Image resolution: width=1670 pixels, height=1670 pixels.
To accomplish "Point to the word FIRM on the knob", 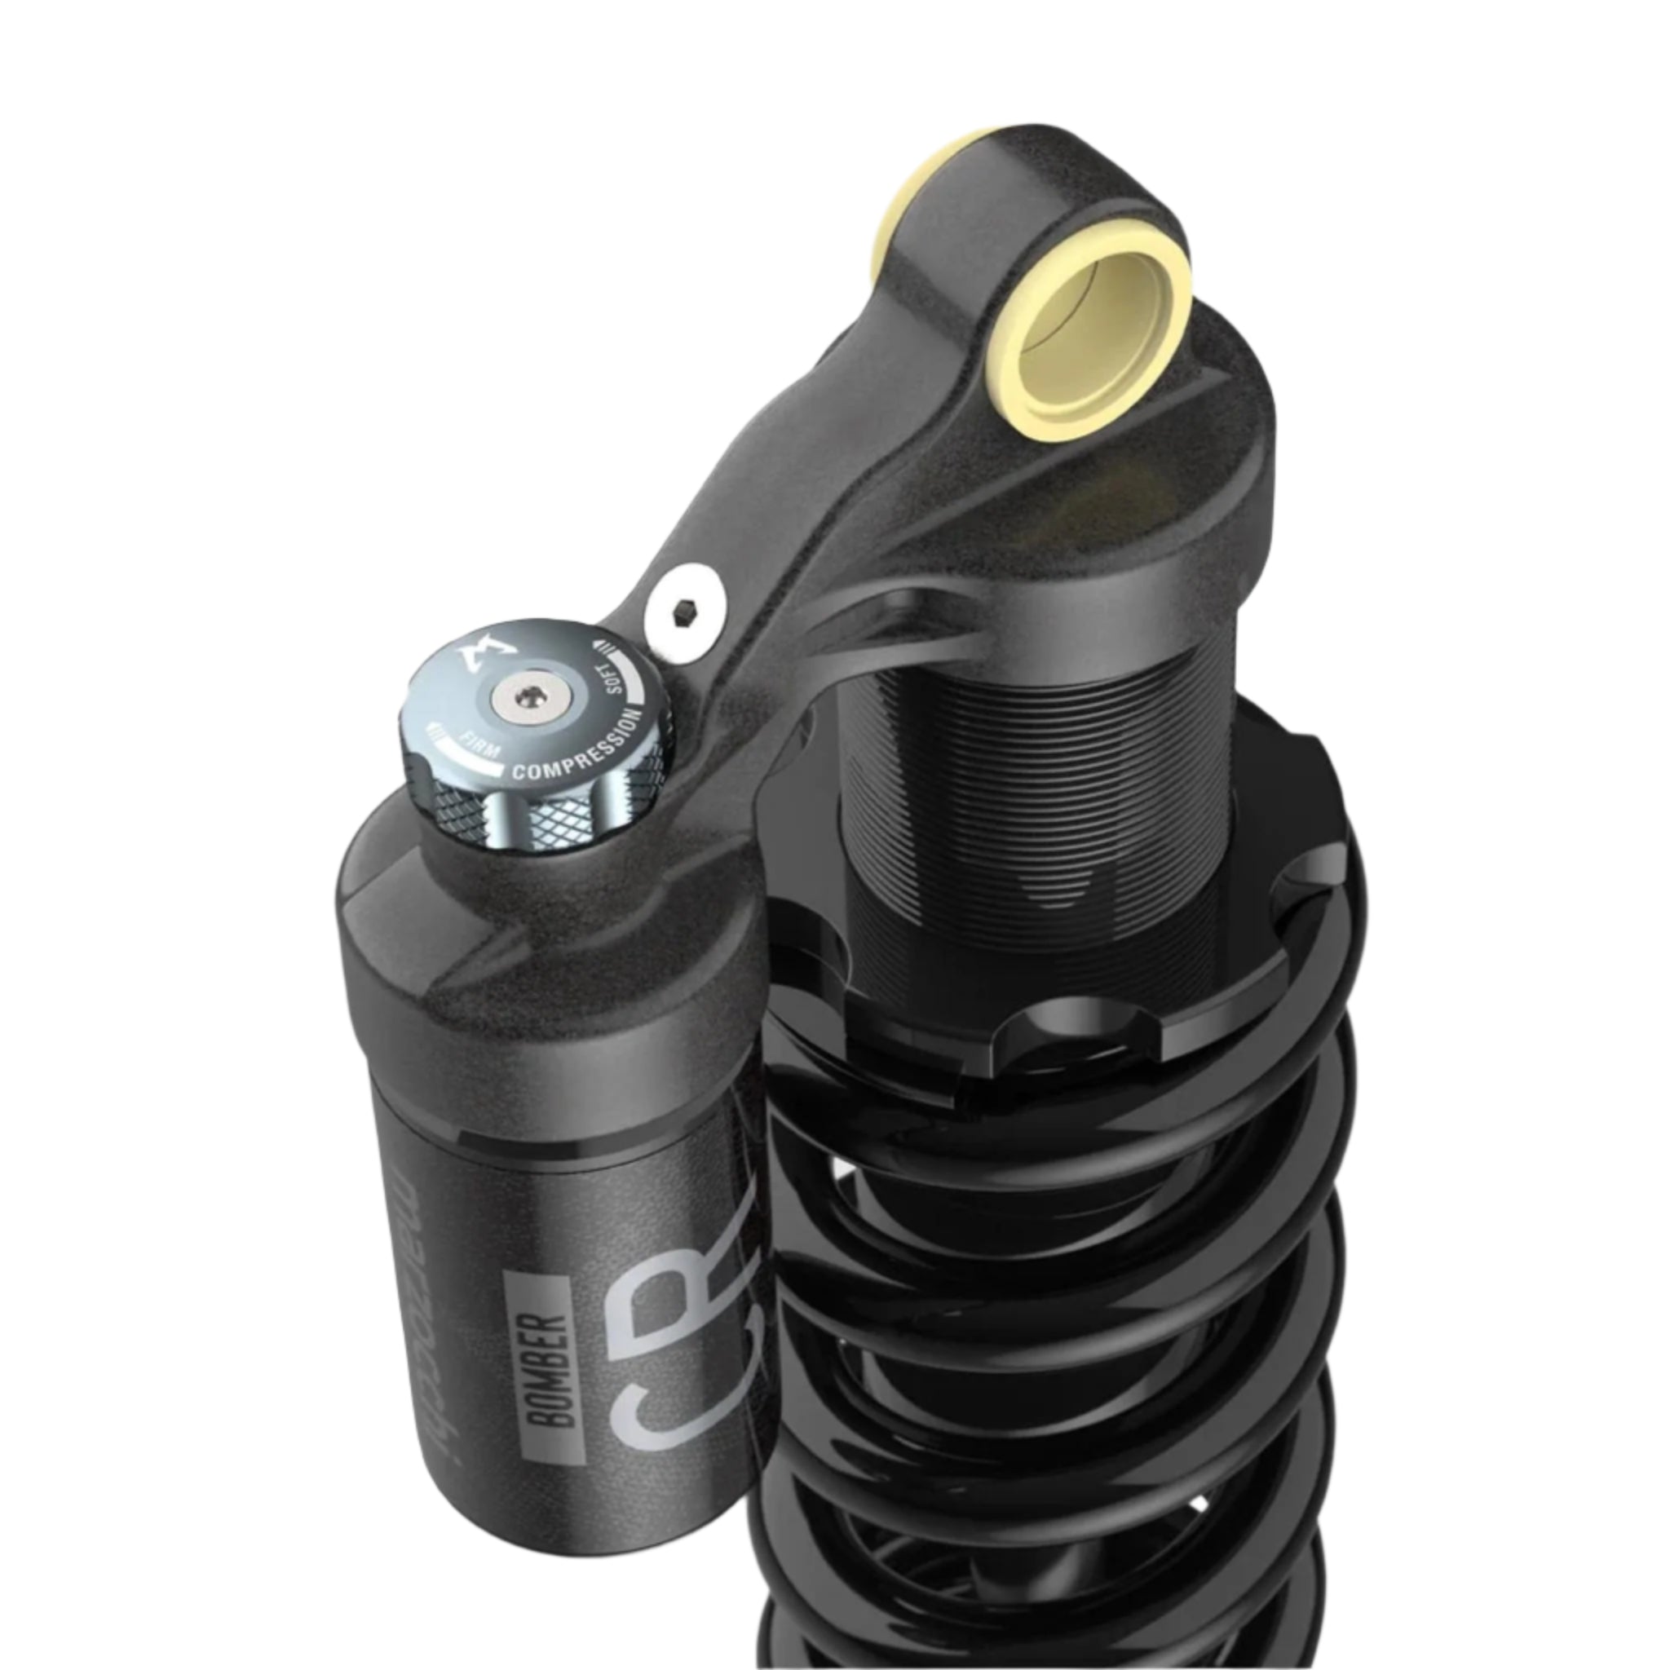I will click(x=479, y=744).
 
